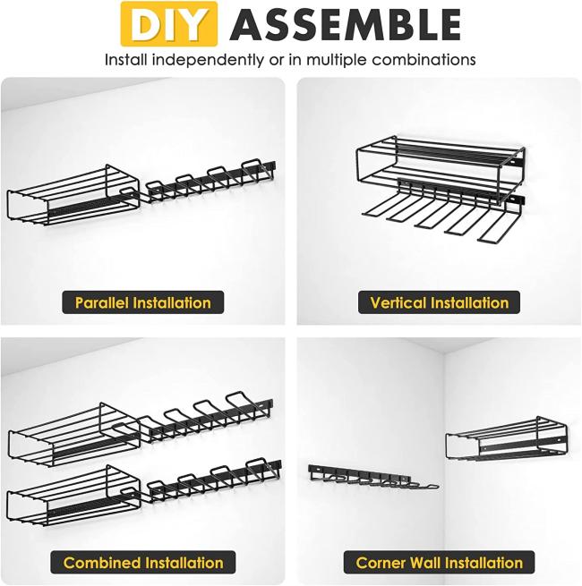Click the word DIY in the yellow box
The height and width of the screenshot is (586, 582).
pyautogui.click(x=169, y=24)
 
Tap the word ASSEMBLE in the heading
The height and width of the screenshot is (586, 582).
pyautogui.click(x=346, y=25)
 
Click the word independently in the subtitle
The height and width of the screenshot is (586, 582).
pyautogui.click(x=208, y=60)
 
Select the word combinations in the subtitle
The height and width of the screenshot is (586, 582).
pyautogui.click(x=424, y=60)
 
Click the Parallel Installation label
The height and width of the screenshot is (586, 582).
pyautogui.click(x=143, y=302)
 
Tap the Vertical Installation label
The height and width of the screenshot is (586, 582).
pyautogui.click(x=439, y=302)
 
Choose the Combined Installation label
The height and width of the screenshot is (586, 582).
pyautogui.click(x=143, y=563)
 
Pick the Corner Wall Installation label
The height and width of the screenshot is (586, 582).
pyautogui.click(x=439, y=563)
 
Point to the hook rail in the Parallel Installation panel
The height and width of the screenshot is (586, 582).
pyautogui.click(x=210, y=182)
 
